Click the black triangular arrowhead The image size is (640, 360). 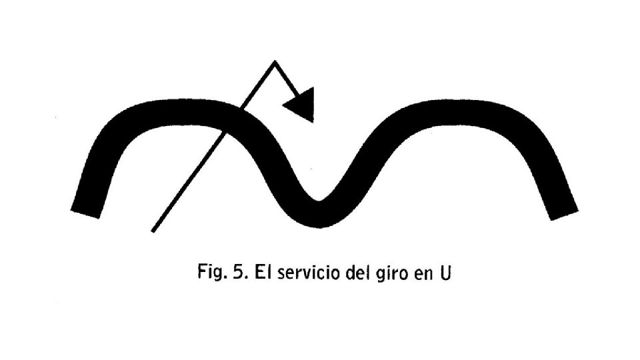(301, 106)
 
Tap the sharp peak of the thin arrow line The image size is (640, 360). (274, 62)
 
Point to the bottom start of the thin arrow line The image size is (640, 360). (153, 231)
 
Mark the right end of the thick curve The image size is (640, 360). (563, 212)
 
